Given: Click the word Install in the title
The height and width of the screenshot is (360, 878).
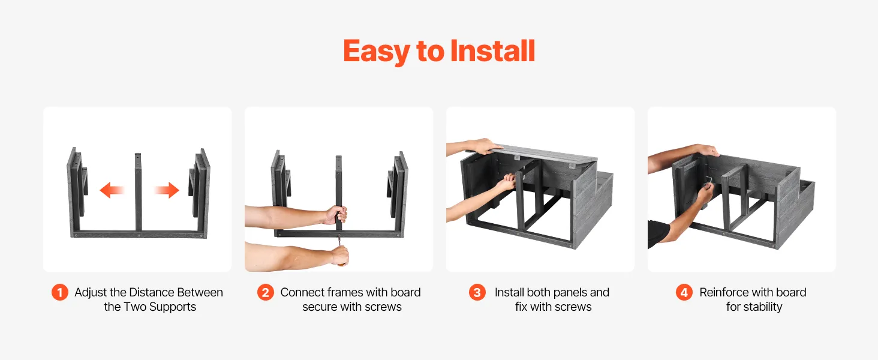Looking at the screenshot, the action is (493, 51).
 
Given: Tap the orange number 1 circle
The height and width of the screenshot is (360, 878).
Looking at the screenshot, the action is (60, 292).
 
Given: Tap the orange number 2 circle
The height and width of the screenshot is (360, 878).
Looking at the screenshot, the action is (265, 292).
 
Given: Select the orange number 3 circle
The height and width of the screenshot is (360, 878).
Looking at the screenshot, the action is (477, 292).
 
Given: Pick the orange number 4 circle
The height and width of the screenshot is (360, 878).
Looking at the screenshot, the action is (684, 292).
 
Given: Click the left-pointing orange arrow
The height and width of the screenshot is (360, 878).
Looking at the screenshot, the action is (112, 190).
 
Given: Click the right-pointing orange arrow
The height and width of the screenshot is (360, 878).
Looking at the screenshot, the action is (167, 190).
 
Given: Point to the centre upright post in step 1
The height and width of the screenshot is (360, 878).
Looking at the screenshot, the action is (138, 192).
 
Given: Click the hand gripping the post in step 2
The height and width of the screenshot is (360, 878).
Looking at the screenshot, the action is (336, 215).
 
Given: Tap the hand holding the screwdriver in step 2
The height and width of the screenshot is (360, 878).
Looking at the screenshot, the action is (339, 255).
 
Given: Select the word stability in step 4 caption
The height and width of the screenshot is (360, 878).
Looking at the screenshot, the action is (763, 307).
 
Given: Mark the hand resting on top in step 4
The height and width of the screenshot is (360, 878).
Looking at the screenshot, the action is (708, 151).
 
